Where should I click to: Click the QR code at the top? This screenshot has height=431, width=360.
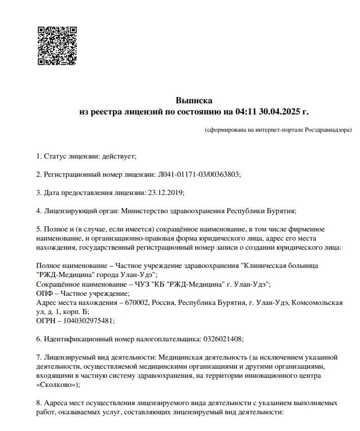tap(57, 46)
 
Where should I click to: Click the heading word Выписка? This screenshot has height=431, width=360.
tap(194, 100)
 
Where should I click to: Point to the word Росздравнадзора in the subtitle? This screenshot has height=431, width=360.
tap(328, 130)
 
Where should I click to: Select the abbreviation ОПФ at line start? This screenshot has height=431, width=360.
tap(45, 293)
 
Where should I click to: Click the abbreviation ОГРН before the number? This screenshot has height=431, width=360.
tap(47, 321)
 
